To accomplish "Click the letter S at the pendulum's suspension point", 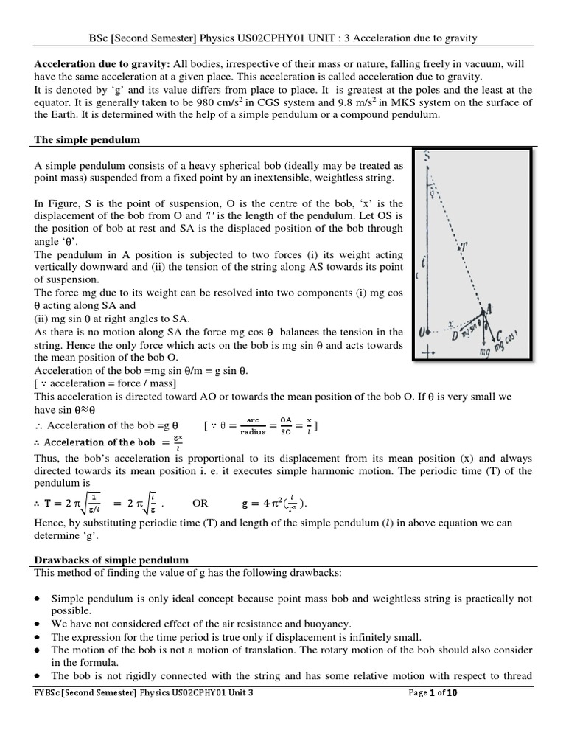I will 427,156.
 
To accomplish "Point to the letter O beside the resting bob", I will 422,333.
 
